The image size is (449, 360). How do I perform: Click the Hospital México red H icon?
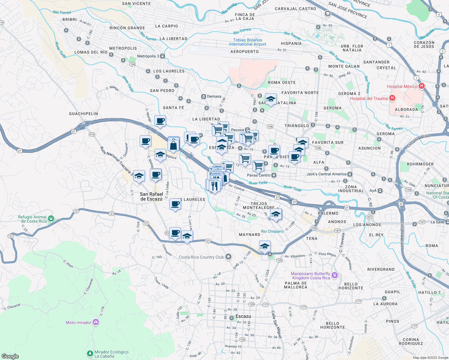[422, 86]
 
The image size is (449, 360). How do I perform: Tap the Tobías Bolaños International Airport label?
[248, 42]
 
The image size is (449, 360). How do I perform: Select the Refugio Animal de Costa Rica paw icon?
[51, 219]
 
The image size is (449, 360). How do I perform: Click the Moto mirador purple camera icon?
[96, 322]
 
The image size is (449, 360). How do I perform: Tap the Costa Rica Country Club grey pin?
[229, 257]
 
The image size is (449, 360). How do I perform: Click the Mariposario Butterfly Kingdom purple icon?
[335, 275]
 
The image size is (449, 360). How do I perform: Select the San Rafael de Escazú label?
[152, 196]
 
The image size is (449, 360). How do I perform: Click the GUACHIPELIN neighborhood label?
[83, 114]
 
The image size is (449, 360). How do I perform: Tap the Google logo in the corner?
[10, 356]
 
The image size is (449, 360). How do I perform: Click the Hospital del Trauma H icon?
[392, 98]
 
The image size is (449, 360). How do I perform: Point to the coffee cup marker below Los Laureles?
[175, 204]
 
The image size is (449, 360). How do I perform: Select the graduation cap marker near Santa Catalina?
[271, 99]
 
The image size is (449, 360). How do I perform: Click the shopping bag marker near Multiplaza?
[173, 145]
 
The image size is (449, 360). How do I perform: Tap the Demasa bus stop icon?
[203, 96]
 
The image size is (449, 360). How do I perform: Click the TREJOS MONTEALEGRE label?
[259, 205]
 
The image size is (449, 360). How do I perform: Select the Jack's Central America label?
[326, 174]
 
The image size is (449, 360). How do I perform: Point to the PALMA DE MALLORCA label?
[296, 285]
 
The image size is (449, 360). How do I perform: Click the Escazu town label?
[243, 316]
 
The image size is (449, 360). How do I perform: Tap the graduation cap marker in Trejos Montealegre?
[276, 214]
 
